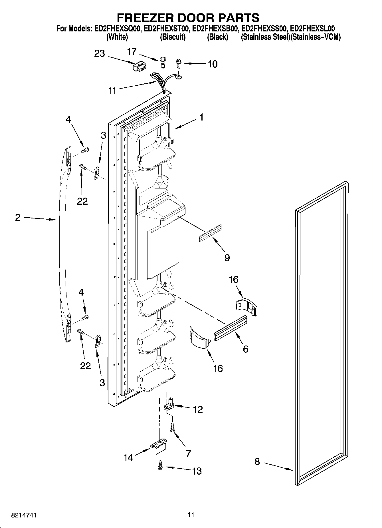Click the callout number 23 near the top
(99, 53)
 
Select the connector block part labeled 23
(139, 67)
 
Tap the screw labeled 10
(179, 63)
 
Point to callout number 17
(132, 52)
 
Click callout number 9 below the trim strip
(227, 258)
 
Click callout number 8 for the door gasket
(257, 461)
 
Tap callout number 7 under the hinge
(188, 453)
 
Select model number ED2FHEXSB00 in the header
(215, 29)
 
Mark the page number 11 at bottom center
(191, 515)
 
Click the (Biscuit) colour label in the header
(173, 37)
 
